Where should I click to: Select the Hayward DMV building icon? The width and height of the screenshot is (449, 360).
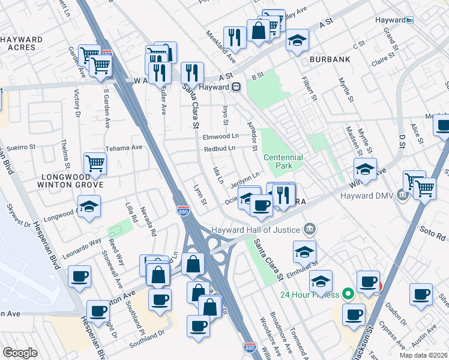coord(401,196)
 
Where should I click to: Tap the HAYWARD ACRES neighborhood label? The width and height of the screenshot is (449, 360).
coord(22,43)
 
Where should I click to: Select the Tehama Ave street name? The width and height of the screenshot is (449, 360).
coord(124,147)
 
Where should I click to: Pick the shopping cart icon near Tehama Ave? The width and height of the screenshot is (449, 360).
coord(95,163)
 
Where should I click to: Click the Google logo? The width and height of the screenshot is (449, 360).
coord(20,353)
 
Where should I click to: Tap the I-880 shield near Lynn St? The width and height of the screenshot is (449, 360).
coord(183,211)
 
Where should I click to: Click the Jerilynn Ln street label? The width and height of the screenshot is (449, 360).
coord(246,178)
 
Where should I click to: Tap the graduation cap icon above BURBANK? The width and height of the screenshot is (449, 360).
coord(297,40)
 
